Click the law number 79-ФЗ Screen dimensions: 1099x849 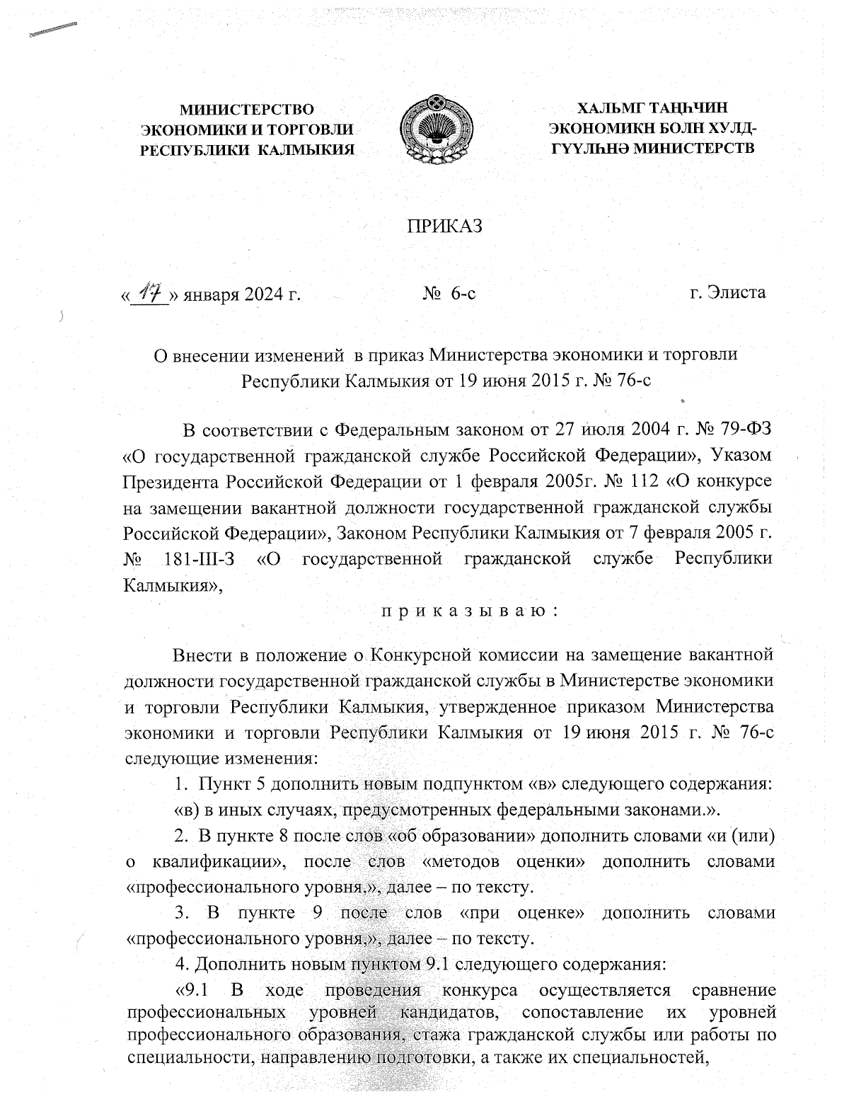click(742, 430)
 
